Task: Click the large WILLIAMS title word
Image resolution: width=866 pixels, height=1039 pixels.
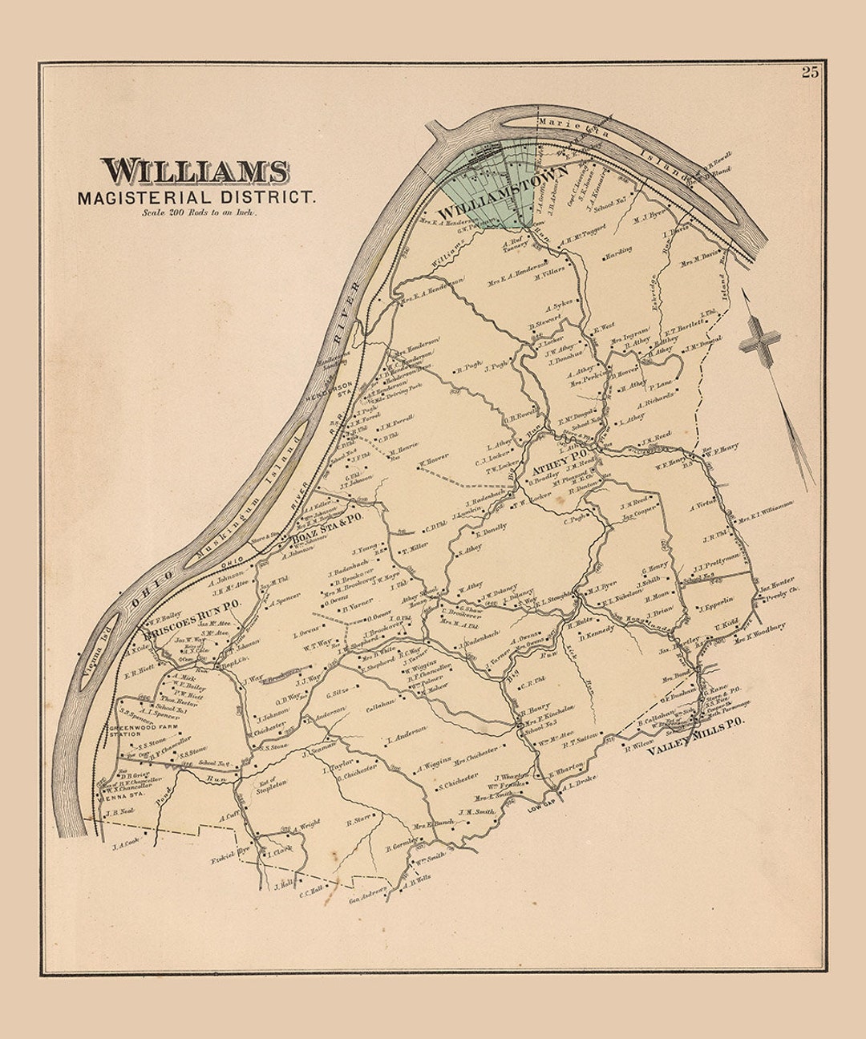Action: tap(195, 171)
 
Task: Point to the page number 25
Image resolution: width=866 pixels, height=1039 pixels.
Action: tap(809, 72)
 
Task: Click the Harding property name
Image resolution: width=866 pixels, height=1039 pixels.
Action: tap(618, 250)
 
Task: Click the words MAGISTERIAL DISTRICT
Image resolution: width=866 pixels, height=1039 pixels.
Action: tap(197, 196)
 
